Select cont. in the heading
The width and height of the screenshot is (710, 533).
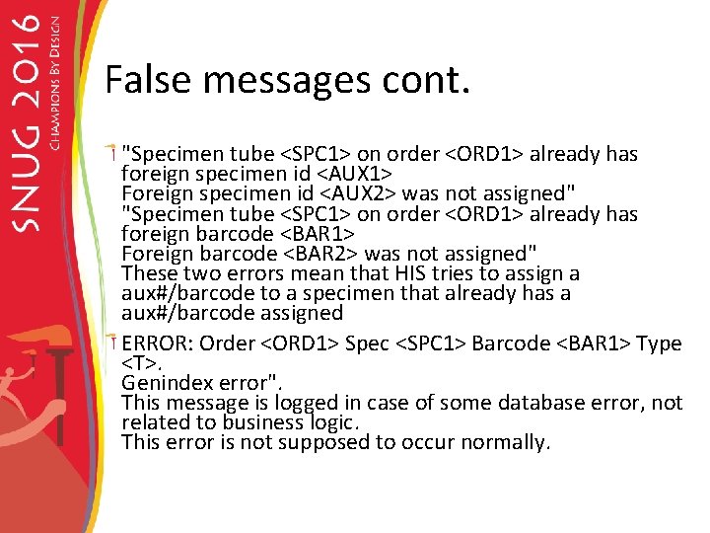point(423,79)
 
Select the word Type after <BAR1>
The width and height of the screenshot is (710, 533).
point(659,343)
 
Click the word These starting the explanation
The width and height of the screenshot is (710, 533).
point(147,273)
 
